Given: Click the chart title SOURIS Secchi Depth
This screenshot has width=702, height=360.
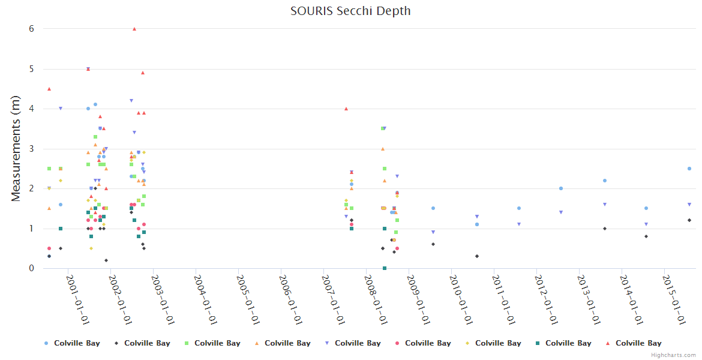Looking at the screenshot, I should pos(350,11).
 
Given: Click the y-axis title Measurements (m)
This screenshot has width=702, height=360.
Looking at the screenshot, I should pos(16,148).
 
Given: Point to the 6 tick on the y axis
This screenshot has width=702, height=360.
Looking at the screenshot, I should pos(31,29).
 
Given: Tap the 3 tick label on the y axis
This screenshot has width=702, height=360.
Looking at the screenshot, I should pos(31,149).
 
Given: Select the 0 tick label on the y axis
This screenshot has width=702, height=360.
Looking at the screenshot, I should pos(31,268).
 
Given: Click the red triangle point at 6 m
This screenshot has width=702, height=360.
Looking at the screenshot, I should pos(134,29).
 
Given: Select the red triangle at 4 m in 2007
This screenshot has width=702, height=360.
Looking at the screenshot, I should pos(346,109).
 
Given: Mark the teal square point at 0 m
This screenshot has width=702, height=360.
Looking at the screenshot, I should pos(385,268).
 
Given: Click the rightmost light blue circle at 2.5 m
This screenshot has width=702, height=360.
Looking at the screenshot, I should pos(689,169).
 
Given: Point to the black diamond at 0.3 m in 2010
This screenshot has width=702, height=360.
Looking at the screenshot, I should pos(477,256).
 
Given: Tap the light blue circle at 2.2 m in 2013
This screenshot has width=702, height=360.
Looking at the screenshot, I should pos(605,181).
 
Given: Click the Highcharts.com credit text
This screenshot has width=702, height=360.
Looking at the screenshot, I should pos(673,355).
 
